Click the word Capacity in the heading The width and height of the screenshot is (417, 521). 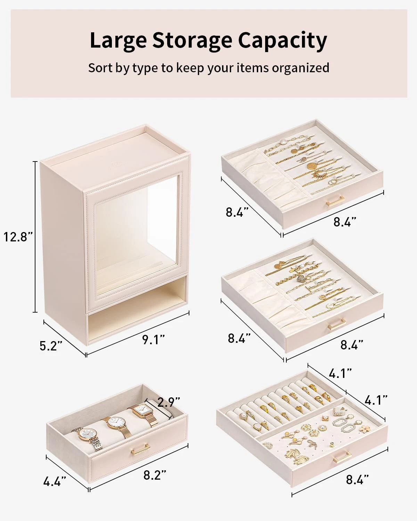[282, 41]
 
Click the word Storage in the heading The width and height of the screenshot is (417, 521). [192, 41]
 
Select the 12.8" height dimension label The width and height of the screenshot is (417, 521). [18, 237]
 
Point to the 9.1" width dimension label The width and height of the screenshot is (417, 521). [153, 339]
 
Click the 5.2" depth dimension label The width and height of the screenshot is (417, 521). [51, 346]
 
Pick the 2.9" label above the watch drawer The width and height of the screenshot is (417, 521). [169, 402]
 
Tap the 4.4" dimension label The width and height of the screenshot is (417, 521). [55, 481]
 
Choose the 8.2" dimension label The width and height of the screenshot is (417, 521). [155, 475]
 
